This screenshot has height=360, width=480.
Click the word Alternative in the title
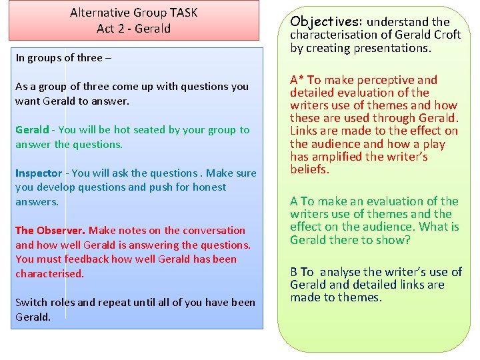coord(99,13)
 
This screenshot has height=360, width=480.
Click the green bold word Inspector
coord(39,173)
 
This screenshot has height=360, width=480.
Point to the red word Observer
coord(61,231)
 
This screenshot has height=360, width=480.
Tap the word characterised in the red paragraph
coord(49,274)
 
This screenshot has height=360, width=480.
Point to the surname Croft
coord(446,35)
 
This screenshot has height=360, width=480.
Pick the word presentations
coord(393,48)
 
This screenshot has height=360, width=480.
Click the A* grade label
coord(297,80)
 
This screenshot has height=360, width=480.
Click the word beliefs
coord(310,169)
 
